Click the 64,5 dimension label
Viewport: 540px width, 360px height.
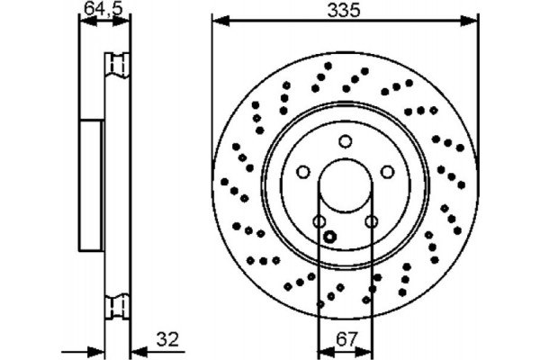coord(98,9)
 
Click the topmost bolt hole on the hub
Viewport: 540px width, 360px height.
coord(345,141)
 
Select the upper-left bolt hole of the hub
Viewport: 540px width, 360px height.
coord(303,172)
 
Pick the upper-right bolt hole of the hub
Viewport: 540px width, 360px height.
coord(387,172)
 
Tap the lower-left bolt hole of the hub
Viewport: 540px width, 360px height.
coord(319,221)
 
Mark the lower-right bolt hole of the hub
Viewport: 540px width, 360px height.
coord(371,221)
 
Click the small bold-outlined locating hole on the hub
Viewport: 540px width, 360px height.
coord(329,237)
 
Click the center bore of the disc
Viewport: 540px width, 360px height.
coord(345,186)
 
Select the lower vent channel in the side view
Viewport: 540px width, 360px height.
coord(115,306)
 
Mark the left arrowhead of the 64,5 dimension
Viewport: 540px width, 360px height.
coord(84,22)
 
